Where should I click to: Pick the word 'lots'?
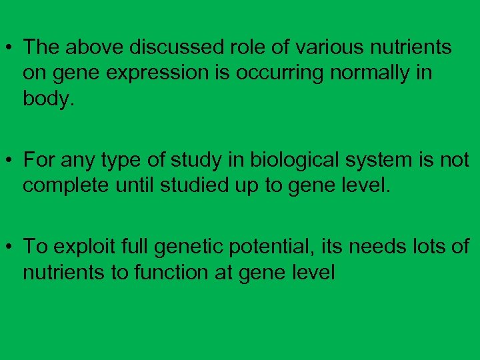427,247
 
